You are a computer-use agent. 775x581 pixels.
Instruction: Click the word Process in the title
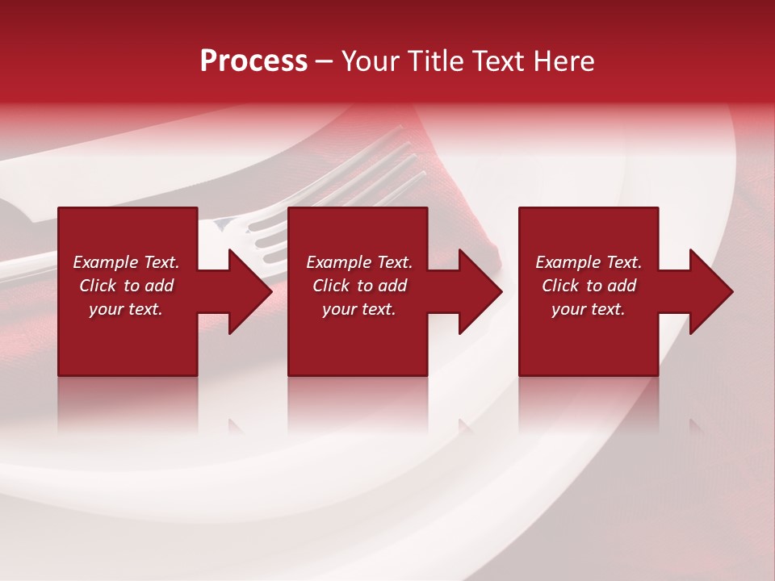point(253,61)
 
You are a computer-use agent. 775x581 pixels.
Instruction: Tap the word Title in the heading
point(435,61)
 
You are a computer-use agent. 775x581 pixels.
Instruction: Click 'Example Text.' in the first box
point(126,262)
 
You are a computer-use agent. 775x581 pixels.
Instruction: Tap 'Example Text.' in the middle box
point(359,262)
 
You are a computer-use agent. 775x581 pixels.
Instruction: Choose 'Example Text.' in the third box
point(589,262)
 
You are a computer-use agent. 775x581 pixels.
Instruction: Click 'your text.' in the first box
point(126,309)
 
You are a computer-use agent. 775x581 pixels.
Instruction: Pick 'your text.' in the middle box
point(359,309)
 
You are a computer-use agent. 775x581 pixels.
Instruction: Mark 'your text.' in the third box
point(589,309)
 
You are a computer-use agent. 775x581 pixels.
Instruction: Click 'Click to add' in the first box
point(126,286)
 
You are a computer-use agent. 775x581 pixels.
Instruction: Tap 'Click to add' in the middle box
point(359,286)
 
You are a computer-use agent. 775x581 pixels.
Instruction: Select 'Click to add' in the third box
point(589,286)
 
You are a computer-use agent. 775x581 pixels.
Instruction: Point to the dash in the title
point(324,62)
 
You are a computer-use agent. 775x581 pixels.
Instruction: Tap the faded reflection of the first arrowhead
point(237,426)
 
